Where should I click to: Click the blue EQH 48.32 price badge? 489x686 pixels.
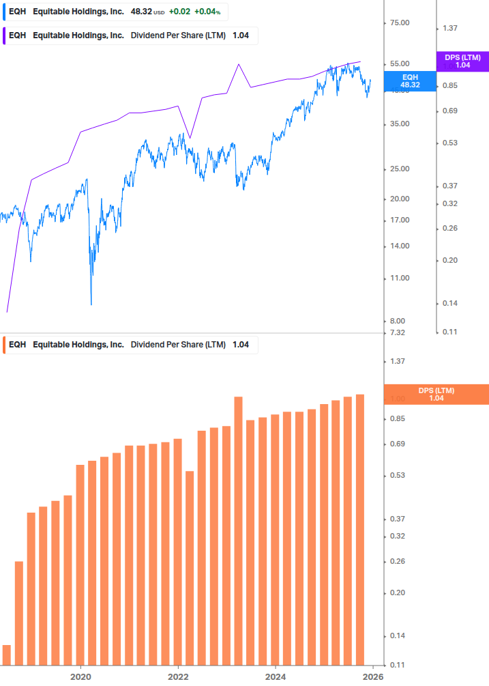[410, 81]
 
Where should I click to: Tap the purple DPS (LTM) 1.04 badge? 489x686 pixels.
[462, 61]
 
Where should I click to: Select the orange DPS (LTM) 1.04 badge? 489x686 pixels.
[436, 395]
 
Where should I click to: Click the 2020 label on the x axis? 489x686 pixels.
[81, 676]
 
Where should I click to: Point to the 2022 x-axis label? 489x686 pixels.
[178, 676]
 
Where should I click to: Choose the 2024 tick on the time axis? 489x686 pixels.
[275, 676]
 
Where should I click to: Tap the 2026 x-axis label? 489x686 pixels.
[372, 676]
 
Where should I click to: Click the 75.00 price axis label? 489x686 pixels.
[398, 23]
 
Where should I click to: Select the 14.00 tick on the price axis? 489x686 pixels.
[398, 246]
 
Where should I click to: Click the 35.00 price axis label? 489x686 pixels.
[398, 124]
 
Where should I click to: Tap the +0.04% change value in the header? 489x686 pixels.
[208, 12]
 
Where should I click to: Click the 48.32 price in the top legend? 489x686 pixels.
[140, 12]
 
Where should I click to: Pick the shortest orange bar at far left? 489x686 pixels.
[7, 655]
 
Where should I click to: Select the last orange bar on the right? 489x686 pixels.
[360, 529]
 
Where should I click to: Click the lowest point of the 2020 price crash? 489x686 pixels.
[91, 304]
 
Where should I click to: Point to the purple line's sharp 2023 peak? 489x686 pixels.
[239, 64]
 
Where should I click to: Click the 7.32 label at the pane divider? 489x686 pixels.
[397, 333]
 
